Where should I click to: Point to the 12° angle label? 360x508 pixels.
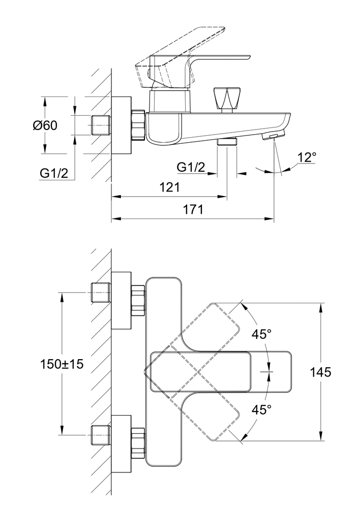point(307,157)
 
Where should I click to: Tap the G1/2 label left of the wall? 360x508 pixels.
point(54,173)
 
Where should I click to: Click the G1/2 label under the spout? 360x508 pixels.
point(191,167)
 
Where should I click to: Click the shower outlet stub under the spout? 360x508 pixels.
point(227,142)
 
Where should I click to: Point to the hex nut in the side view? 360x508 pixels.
point(138,125)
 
